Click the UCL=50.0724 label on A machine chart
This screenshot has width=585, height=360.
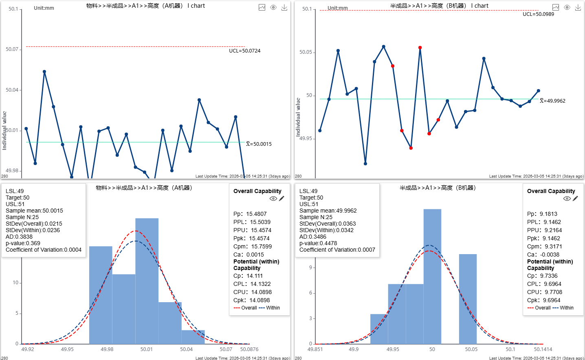[244, 51]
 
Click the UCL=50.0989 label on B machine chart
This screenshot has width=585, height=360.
[538, 14]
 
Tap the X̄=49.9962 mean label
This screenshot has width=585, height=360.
[552, 101]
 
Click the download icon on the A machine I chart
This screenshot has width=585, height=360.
[284, 7]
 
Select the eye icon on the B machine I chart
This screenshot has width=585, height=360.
[567, 7]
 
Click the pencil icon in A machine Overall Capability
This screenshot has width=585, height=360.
[282, 198]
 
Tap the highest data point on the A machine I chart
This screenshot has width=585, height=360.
[44, 72]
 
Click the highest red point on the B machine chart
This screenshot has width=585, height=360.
[420, 48]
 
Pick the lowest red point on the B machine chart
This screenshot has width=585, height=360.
[411, 148]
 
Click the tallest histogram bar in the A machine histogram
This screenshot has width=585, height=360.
[147, 281]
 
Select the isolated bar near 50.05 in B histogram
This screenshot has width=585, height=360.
[468, 299]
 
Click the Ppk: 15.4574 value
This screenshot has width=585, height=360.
[251, 238]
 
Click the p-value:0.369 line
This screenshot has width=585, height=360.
[23, 243]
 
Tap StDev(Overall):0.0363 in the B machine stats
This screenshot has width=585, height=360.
[328, 224]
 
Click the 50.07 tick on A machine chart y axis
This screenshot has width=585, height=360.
[12, 49]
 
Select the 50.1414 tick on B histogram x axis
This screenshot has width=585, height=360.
[543, 349]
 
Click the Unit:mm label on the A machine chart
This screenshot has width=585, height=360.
[44, 8]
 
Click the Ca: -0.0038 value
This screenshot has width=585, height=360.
[543, 255]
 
